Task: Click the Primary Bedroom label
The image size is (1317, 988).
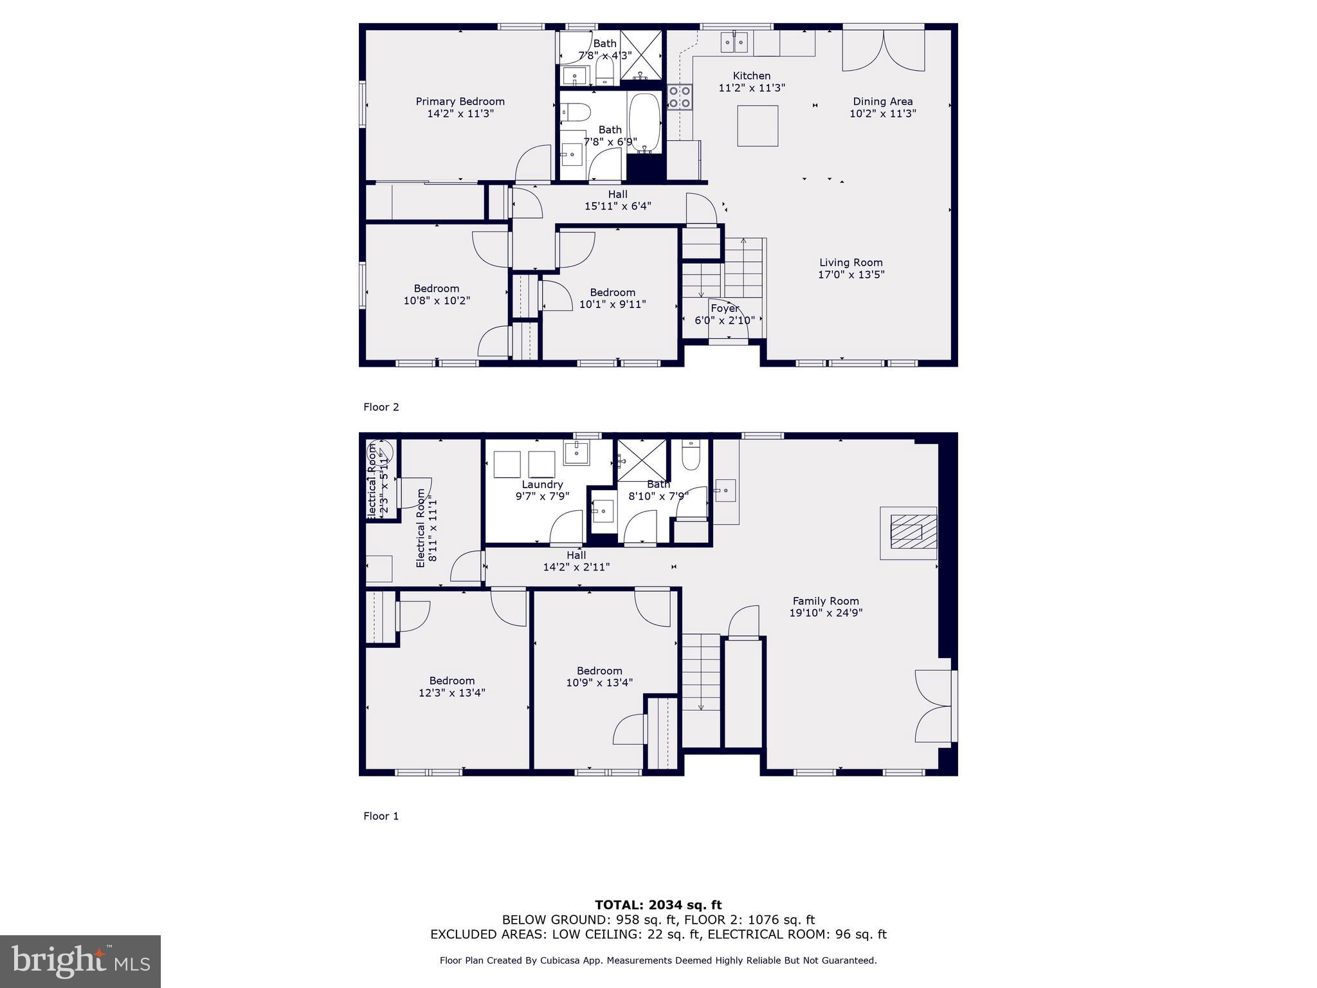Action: [460, 102]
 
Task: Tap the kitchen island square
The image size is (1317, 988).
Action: [757, 126]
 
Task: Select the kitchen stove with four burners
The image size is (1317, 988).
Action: [679, 96]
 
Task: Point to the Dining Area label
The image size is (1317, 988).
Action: [882, 102]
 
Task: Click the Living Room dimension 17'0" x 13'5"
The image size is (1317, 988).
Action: [851, 275]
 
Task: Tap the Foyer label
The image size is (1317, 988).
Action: [724, 308]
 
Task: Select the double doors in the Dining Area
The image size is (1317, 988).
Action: [884, 50]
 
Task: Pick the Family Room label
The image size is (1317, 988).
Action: [825, 601]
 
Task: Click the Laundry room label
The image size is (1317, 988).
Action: [542, 484]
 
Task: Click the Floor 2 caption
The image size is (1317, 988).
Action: [381, 407]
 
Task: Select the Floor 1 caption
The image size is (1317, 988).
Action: [381, 816]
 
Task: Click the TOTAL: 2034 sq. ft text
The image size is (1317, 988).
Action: [658, 905]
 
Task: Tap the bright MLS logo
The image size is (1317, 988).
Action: [80, 961]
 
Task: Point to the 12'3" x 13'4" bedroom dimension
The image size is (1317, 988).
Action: [451, 693]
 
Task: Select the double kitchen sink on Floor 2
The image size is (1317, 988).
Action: [734, 42]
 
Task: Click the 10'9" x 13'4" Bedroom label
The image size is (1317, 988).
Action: [599, 670]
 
